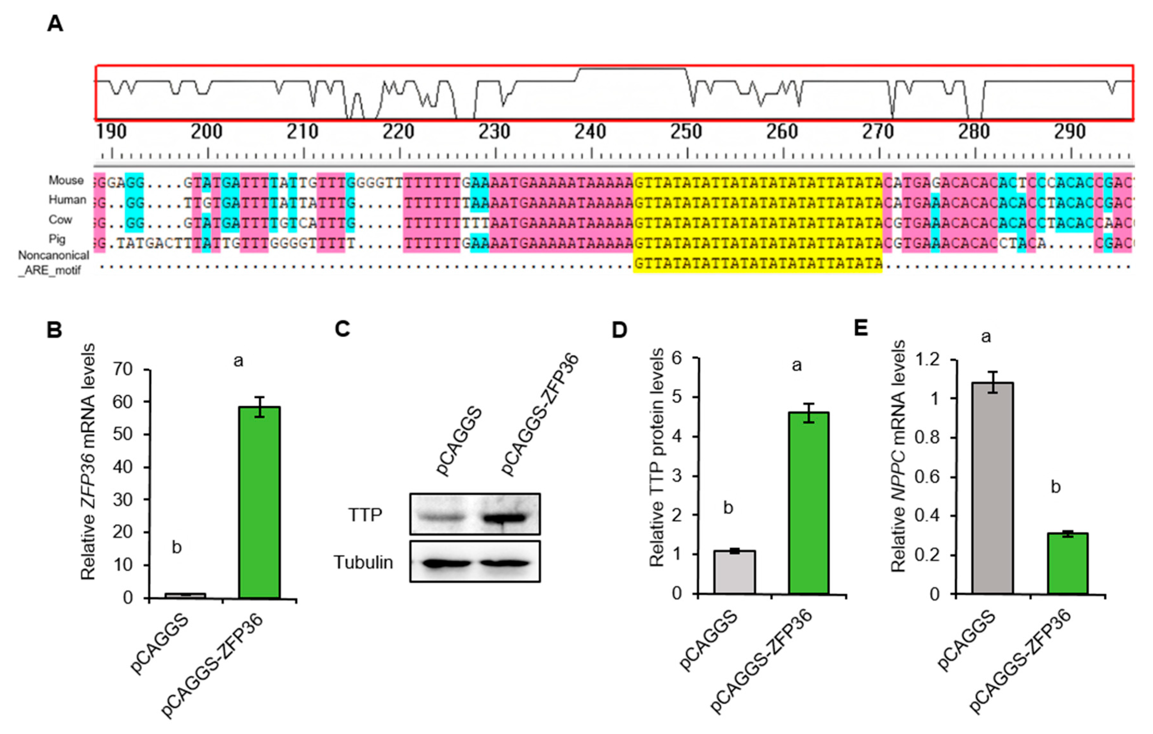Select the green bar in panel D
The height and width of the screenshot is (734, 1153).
809,503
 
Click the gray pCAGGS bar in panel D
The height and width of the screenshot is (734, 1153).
734,572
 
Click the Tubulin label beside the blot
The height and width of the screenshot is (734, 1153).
363,562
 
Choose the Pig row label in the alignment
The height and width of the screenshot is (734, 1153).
57,239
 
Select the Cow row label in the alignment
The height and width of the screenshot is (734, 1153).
60,219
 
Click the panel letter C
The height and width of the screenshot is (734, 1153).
342,330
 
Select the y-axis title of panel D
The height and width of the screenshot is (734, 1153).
658,458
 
